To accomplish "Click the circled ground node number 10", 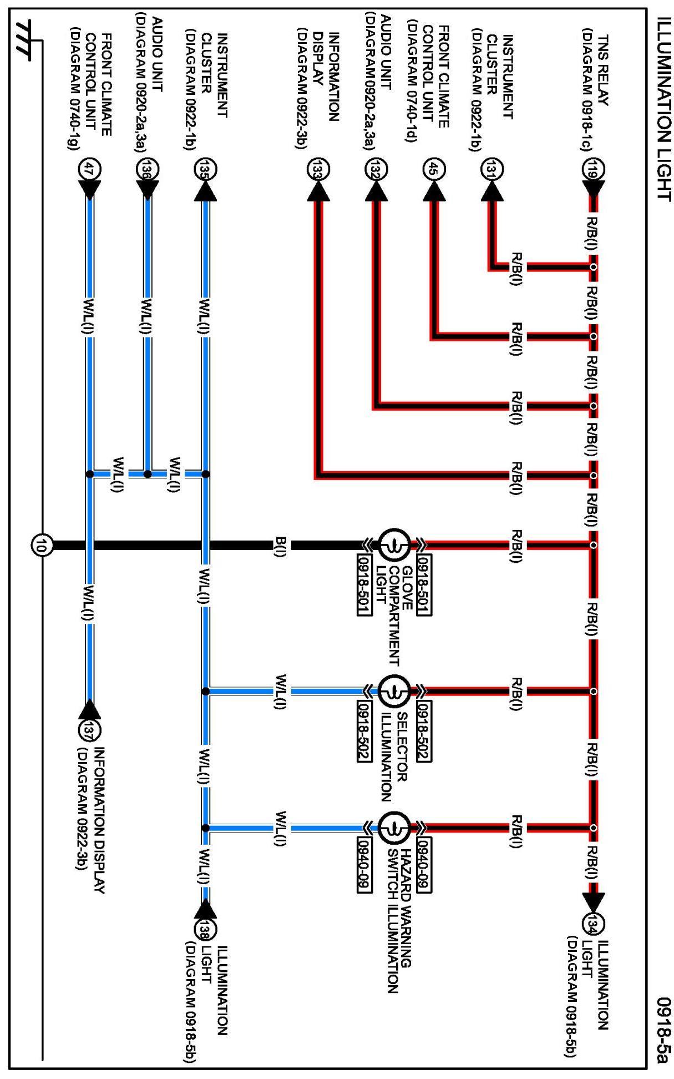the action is tap(42, 545).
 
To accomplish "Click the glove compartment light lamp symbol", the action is tap(394, 545).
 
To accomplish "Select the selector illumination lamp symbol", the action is tap(394, 691).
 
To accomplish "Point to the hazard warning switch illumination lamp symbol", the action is tap(394, 828).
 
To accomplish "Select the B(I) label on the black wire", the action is tap(281, 545).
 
